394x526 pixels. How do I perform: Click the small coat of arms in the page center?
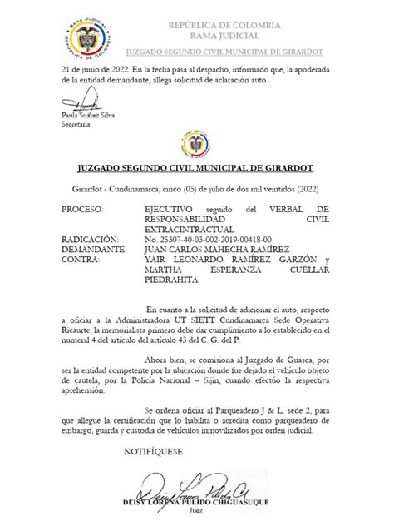pyautogui.click(x=196, y=147)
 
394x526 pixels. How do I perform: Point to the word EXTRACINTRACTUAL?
pyautogui.click(x=188, y=228)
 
